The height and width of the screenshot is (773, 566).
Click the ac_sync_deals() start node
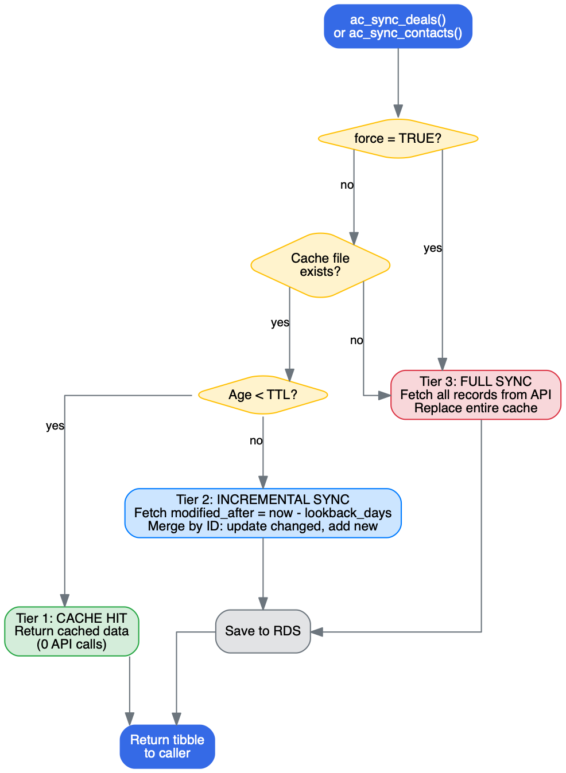tap(398, 26)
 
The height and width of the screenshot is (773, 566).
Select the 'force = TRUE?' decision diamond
tap(398, 139)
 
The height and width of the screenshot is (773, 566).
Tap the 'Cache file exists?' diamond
tap(320, 265)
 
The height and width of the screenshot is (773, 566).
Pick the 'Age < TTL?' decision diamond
tap(263, 395)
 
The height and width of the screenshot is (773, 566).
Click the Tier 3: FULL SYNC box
tap(475, 395)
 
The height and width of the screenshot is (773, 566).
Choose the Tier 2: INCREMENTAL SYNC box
tap(263, 513)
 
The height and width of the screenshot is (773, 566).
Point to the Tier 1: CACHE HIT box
tap(72, 631)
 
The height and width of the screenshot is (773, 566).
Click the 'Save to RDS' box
tap(263, 631)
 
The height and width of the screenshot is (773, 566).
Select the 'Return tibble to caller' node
tap(167, 746)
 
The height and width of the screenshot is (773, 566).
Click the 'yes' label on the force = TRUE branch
tap(433, 248)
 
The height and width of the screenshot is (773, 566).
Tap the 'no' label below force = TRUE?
tap(347, 185)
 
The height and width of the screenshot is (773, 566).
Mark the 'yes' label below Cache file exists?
tap(280, 323)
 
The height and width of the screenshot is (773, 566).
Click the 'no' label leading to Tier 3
tap(356, 341)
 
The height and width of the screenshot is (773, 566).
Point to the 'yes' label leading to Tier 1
tap(55, 426)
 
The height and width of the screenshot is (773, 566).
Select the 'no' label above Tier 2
tap(256, 441)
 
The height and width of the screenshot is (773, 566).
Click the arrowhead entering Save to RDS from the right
tap(317, 632)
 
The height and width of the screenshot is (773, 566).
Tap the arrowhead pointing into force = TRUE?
tap(398, 112)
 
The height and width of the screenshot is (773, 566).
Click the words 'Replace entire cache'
tap(476, 408)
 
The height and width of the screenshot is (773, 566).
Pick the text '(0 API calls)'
tap(72, 644)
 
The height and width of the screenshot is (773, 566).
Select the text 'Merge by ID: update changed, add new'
tap(263, 526)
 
